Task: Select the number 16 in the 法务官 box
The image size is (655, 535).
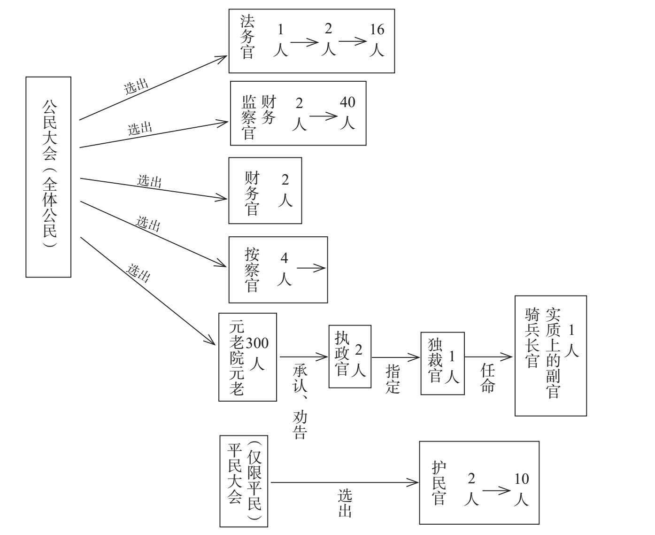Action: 377,30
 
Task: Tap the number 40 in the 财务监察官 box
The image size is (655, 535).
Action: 347,102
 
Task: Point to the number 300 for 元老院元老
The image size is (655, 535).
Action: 257,343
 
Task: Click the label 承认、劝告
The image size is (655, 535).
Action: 300,402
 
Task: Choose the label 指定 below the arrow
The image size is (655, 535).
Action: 392,379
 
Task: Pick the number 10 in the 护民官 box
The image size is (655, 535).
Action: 522,479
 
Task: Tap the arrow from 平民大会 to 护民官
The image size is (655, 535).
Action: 345,482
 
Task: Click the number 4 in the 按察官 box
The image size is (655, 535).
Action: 284,258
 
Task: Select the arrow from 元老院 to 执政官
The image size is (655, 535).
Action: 304,357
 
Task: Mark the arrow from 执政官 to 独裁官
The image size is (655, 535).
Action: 396,357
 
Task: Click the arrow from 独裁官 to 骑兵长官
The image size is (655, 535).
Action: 488,357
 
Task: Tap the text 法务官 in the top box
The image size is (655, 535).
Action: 247,37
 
